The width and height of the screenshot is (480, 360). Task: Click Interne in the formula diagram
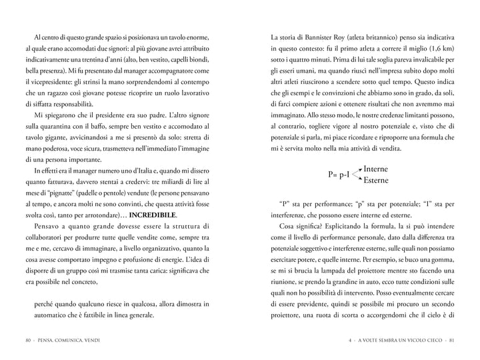[375, 169]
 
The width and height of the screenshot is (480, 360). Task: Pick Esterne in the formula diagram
[375, 180]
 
